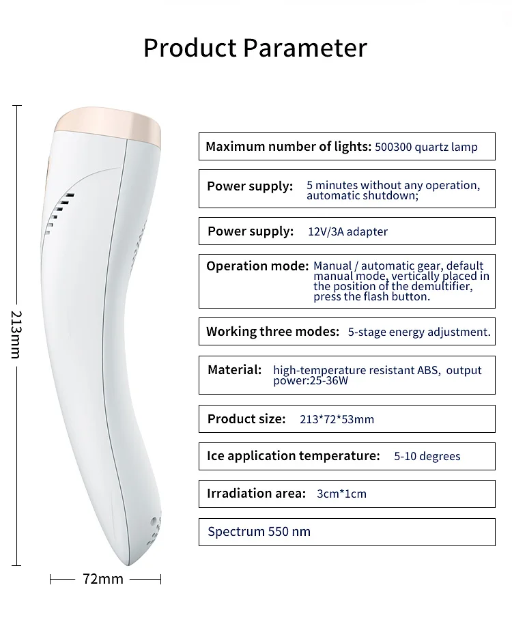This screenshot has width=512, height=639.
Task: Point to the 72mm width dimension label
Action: [103, 579]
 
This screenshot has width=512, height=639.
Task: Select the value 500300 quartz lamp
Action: [426, 147]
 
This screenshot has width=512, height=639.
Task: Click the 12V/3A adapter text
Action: [347, 231]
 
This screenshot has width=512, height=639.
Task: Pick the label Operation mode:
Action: [257, 266]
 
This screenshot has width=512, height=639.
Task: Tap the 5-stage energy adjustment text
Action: [419, 332]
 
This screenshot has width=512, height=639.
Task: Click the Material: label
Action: [234, 370]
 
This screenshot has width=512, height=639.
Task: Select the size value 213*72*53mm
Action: [337, 419]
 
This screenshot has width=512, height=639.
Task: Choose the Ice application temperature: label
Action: [293, 456]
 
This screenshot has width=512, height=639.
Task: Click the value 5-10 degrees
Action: [427, 456]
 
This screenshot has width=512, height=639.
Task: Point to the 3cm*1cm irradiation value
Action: [341, 494]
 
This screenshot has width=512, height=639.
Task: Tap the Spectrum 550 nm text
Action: [259, 531]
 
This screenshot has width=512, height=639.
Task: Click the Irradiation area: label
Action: [256, 494]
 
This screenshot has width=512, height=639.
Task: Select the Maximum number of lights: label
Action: [288, 147]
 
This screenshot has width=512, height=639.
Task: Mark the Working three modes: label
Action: [272, 332]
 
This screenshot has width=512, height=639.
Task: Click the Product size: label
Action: [246, 419]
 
